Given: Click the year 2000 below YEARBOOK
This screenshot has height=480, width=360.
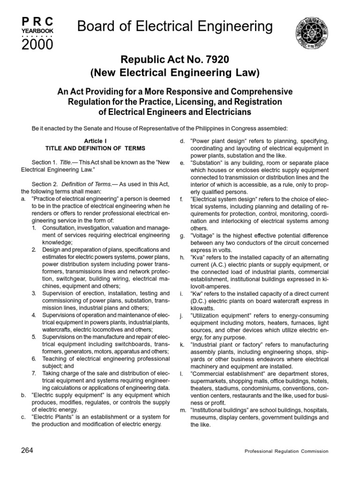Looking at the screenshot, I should click(37, 45).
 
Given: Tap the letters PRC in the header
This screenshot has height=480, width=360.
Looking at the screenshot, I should click(37, 21).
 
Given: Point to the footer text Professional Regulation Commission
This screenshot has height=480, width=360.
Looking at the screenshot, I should click(286, 451).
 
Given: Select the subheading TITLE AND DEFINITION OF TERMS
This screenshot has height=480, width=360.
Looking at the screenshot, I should click(95, 148).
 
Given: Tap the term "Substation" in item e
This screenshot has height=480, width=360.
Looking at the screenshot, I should click(208, 163).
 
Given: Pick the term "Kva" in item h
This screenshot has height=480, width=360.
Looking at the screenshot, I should click(199, 258).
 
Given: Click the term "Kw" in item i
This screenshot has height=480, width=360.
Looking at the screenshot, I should click(198, 294).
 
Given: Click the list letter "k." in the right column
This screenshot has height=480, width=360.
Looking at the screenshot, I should click(182, 345).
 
